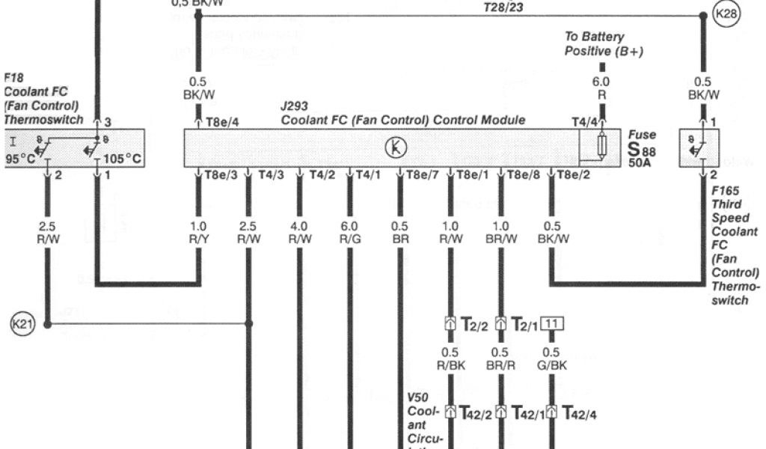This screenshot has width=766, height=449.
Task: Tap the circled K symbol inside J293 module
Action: tap(396, 148)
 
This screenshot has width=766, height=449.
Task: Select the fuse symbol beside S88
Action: tap(601, 148)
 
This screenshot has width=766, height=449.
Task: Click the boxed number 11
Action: tap(551, 324)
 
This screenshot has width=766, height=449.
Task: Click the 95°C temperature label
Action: tap(20, 159)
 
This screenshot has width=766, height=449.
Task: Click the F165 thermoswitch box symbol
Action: tap(698, 147)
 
